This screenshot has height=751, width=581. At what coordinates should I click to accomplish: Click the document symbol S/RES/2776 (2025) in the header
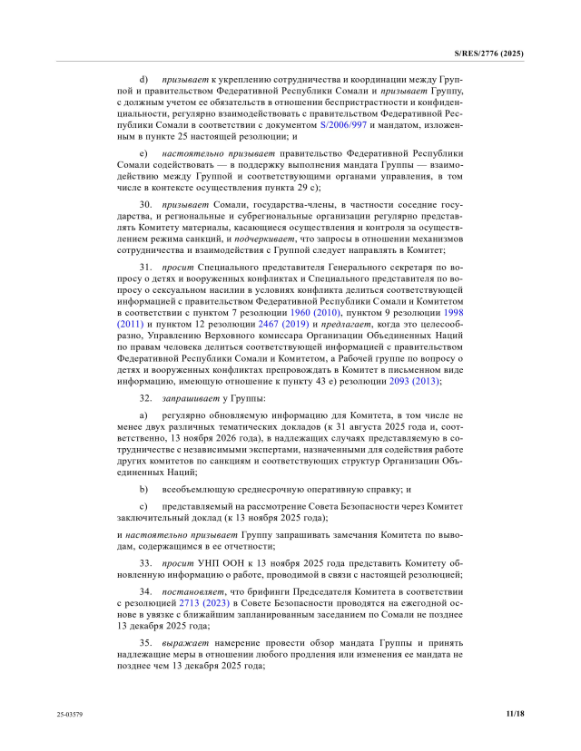pyautogui.click(x=488, y=54)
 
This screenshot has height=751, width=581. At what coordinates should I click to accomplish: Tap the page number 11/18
pyautogui.click(x=515, y=714)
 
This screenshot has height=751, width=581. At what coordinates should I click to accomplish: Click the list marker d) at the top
pyautogui.click(x=143, y=80)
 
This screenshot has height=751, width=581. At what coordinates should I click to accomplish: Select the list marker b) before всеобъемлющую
pyautogui.click(x=143, y=488)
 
